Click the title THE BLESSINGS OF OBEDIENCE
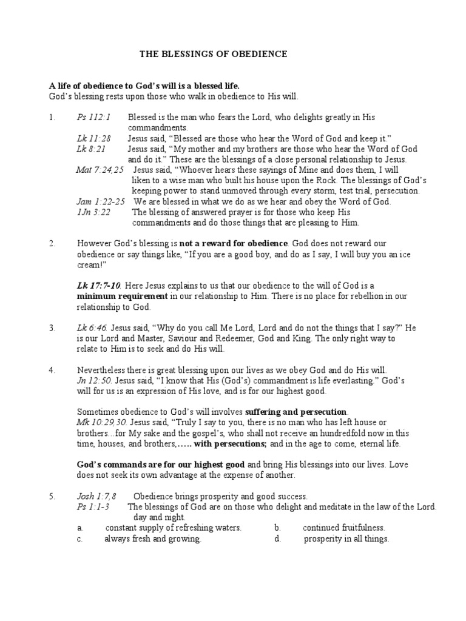[x=214, y=55]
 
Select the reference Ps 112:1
[x=89, y=117]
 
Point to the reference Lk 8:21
[x=87, y=149]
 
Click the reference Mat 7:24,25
[x=100, y=170]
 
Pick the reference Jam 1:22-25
[x=101, y=201]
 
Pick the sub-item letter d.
[x=277, y=539]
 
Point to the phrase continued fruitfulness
[x=344, y=528]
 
